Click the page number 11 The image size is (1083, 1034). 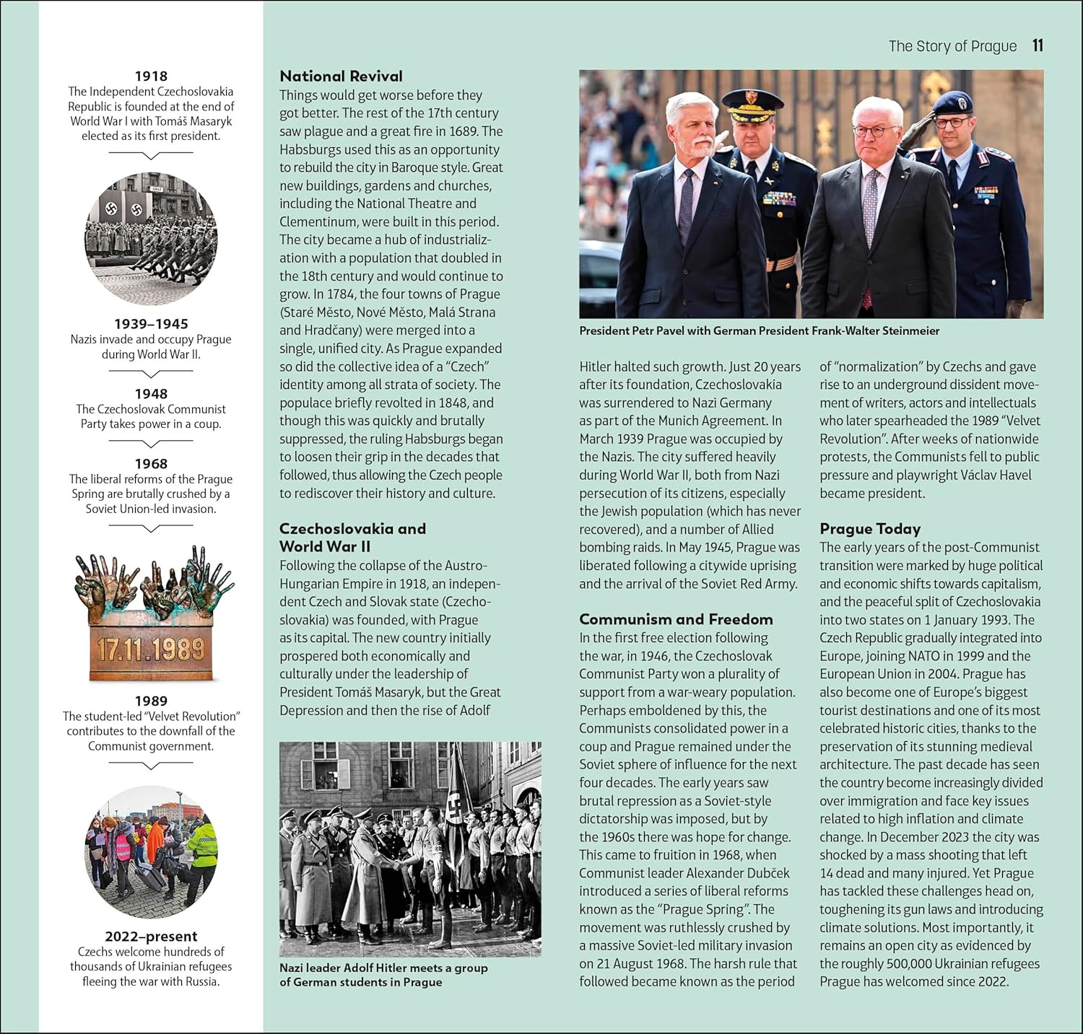(x=1038, y=45)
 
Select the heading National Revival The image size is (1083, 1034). (x=341, y=76)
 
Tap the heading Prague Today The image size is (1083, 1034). (x=869, y=529)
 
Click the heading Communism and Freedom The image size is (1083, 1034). (x=675, y=619)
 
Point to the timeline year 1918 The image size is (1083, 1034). (x=151, y=76)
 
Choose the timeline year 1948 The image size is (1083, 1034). (x=151, y=394)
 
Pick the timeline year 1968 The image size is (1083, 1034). (x=151, y=464)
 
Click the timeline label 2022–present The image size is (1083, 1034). (x=151, y=937)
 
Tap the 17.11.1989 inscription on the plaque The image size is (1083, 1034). (x=151, y=649)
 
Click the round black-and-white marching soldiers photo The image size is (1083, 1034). (x=151, y=238)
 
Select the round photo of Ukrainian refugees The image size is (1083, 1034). (x=151, y=851)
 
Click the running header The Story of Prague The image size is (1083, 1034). (x=952, y=46)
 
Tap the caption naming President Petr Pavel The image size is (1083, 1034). (x=759, y=331)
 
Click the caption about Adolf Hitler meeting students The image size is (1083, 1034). (x=383, y=975)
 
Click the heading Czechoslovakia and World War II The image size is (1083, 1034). (x=352, y=538)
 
